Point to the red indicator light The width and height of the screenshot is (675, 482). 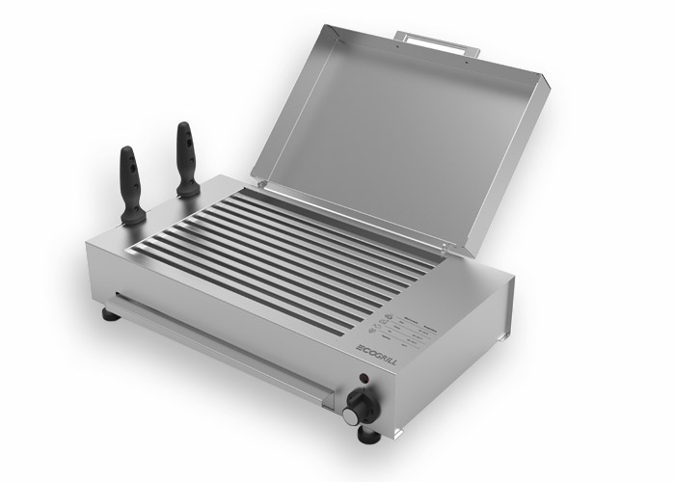[364, 377]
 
